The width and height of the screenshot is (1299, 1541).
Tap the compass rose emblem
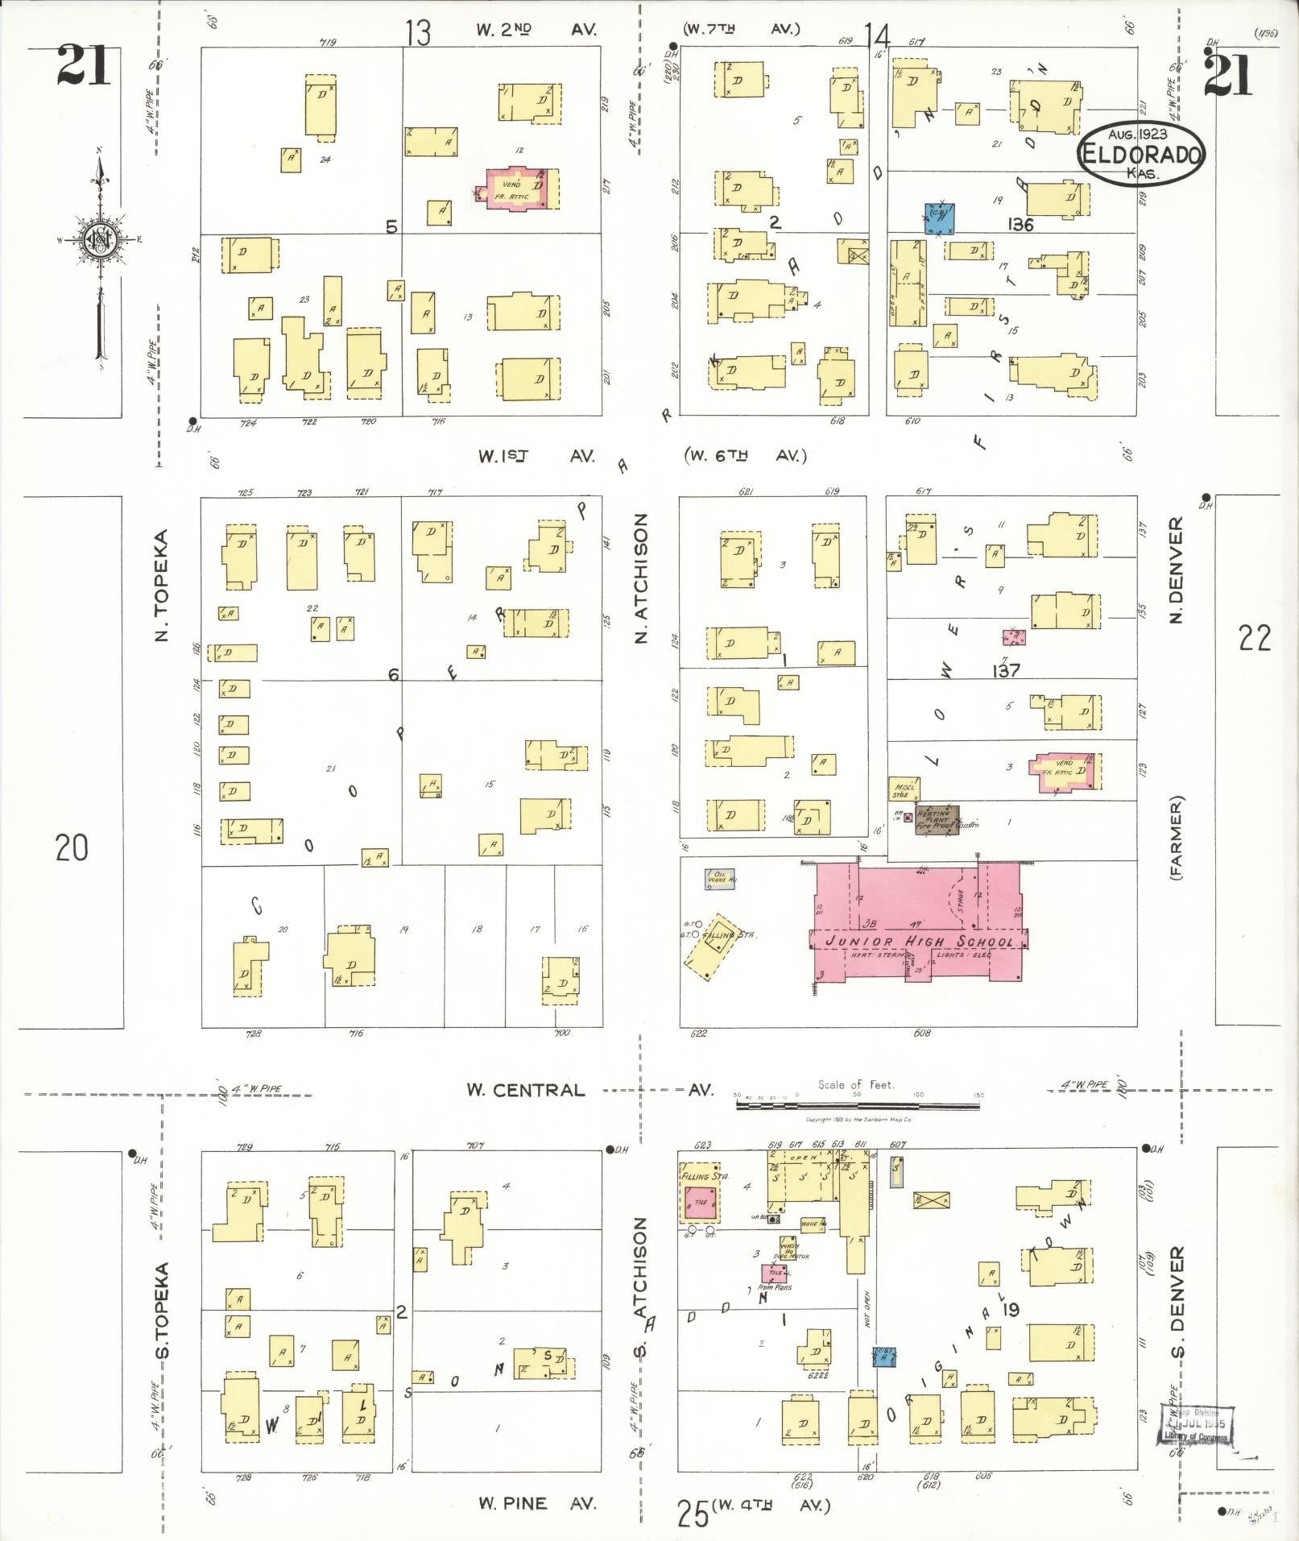pyautogui.click(x=98, y=240)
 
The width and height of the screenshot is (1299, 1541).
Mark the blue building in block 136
pyautogui.click(x=939, y=217)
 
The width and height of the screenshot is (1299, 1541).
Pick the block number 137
pyautogui.click(x=1006, y=669)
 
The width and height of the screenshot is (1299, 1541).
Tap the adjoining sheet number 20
pyautogui.click(x=72, y=847)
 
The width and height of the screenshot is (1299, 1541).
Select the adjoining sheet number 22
pyautogui.click(x=1255, y=638)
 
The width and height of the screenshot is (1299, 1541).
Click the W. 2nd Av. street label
pyautogui.click(x=536, y=30)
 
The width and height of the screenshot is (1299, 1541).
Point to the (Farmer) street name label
pyautogui.click(x=1177, y=838)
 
